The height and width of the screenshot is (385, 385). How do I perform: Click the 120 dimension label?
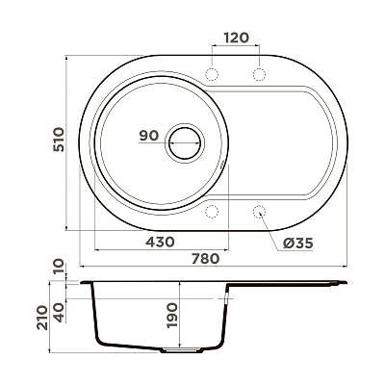tap(236, 38)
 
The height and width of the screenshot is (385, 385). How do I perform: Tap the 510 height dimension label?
tap(59, 140)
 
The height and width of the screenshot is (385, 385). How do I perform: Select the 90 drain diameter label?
tap(149, 136)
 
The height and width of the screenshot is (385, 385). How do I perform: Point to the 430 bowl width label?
tap(160, 242)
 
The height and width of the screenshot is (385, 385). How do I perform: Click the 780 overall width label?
tap(205, 258)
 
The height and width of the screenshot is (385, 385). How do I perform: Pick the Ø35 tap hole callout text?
tap(297, 244)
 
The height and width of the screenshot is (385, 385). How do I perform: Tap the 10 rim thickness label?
tap(59, 267)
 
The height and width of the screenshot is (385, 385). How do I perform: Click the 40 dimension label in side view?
tap(59, 313)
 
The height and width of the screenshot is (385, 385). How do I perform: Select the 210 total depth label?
tap(42, 318)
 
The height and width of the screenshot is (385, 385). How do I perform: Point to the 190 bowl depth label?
tap(172, 315)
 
